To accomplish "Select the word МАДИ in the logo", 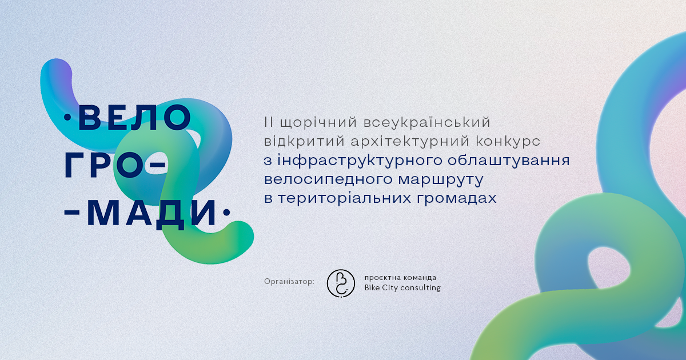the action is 152,214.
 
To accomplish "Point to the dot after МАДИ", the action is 226,212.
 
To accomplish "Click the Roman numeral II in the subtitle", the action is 269,122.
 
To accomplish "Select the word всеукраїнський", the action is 427,122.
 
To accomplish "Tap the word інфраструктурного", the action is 359,161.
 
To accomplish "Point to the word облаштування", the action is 509,161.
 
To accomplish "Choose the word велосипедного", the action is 328,179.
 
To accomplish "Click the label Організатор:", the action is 289,282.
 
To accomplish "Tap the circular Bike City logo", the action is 341,283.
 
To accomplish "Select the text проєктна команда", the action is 400,278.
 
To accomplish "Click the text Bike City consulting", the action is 402,288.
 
